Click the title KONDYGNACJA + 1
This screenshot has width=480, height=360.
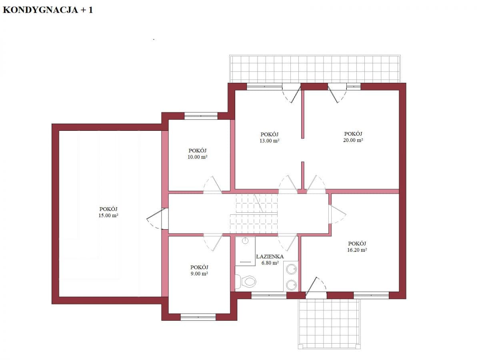tap(48, 10)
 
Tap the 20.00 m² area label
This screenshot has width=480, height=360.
tap(353, 140)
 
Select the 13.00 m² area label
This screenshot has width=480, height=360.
tap(269, 141)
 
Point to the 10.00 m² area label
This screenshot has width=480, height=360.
tap(197, 157)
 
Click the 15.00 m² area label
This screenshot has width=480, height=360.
tap(108, 215)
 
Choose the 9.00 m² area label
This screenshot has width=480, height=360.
tap(199, 274)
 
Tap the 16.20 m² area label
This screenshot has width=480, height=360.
tap(357, 250)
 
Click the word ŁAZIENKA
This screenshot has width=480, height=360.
tap(270, 256)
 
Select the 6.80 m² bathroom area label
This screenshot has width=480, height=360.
tap(270, 263)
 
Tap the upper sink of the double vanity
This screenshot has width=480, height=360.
tap(291, 269)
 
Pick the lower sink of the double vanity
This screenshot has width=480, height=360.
tap(291, 285)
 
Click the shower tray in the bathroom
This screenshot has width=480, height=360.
tap(245, 251)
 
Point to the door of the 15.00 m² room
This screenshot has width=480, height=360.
tap(157, 218)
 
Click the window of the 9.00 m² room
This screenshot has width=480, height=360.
tap(198, 317)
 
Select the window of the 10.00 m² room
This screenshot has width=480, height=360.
tap(201, 116)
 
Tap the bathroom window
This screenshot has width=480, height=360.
tap(269, 296)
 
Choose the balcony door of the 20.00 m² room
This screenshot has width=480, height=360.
tap(337, 93)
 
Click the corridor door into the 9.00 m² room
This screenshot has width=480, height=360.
tap(213, 243)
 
